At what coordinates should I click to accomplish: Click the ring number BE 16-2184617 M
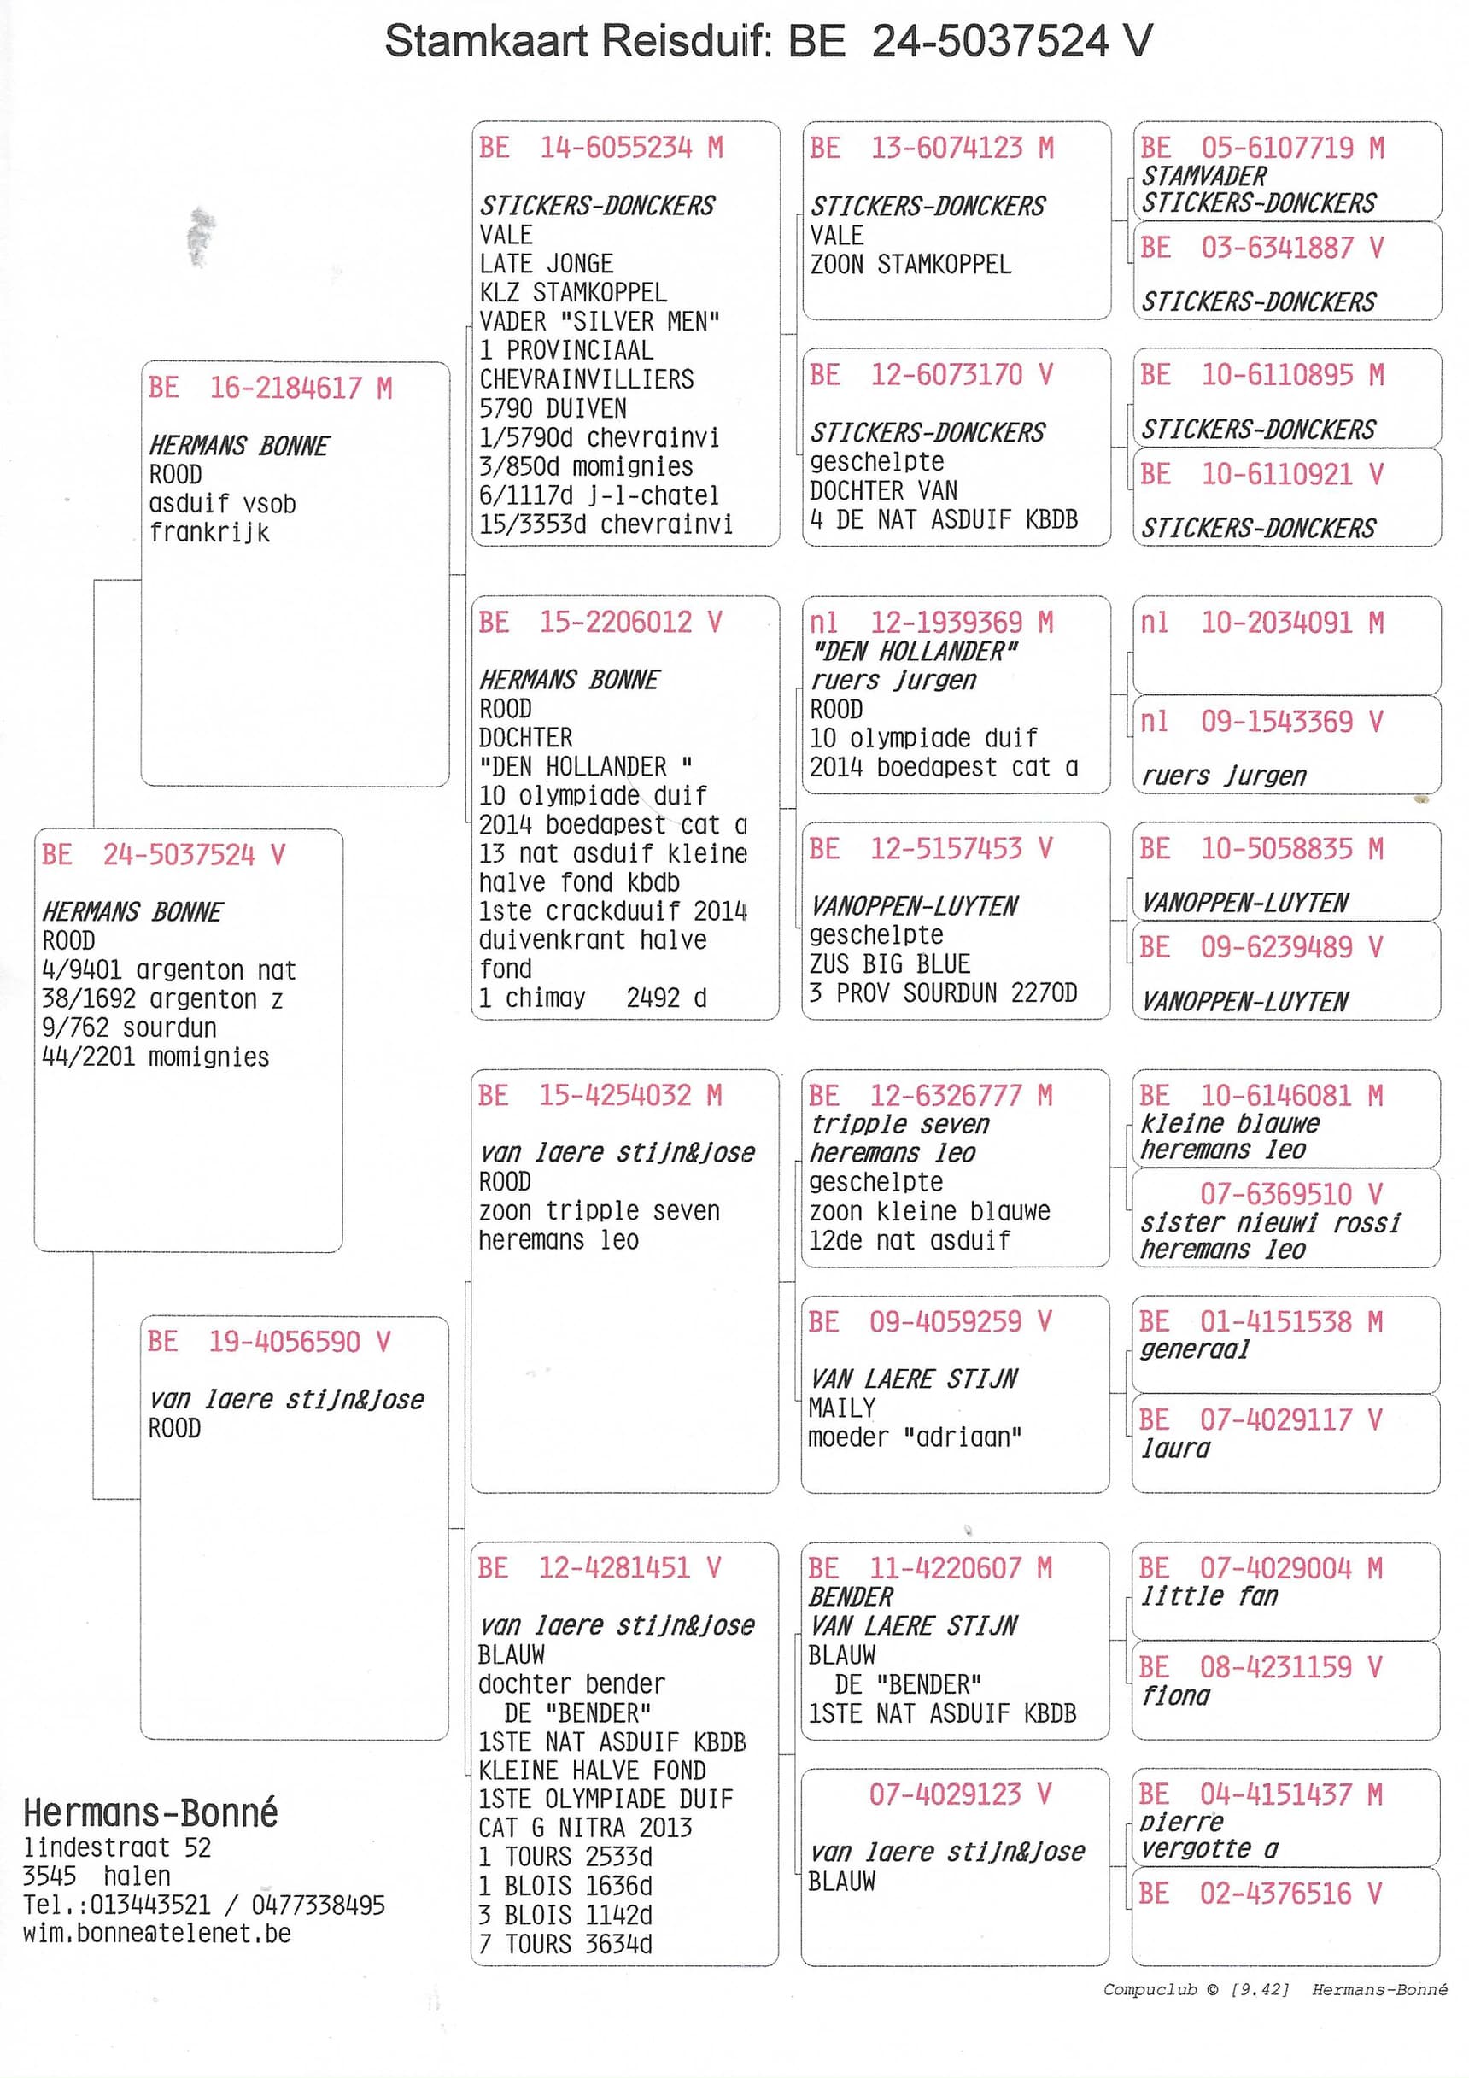pos(270,389)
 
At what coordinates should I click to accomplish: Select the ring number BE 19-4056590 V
pos(269,1341)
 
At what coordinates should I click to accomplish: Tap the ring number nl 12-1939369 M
pos(930,623)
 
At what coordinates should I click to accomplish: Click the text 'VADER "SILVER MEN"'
pos(600,321)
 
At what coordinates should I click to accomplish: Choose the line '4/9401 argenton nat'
pos(168,970)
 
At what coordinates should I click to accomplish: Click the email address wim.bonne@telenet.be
pos(156,1933)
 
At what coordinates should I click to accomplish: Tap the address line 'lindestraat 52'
pos(117,1847)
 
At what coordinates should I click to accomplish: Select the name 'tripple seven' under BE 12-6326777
pos(898,1124)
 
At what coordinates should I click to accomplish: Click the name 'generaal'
pos(1194,1349)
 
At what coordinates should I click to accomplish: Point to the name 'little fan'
pos(1209,1595)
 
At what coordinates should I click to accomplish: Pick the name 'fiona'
pos(1175,1695)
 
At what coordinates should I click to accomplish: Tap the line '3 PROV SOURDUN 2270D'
pos(942,992)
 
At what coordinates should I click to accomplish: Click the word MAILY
pos(842,1408)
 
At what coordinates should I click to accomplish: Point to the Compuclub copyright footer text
pos(1273,1989)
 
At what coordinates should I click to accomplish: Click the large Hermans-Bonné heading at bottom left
pos(150,1813)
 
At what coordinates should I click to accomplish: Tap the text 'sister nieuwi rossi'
pos(1270,1223)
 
